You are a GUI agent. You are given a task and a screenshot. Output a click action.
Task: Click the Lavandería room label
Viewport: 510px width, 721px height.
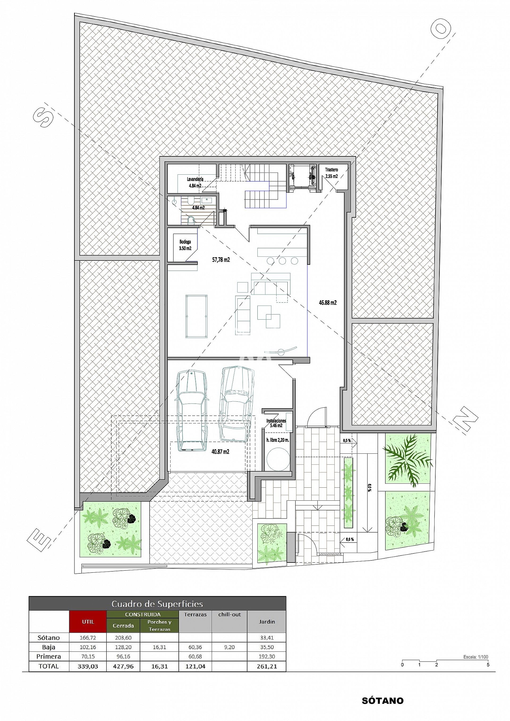195,179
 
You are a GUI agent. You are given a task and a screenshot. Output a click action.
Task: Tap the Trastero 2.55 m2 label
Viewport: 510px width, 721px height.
331,173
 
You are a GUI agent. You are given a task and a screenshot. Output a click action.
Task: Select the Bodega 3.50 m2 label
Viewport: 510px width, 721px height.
185,245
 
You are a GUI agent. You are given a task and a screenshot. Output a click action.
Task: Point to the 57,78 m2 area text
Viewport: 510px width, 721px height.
221,260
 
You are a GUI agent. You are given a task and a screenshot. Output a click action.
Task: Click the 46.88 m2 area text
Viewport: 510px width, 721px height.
328,303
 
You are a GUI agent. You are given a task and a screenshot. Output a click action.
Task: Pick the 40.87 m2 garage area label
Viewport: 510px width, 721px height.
220,452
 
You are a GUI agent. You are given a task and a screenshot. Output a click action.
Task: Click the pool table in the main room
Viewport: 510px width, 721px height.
196,316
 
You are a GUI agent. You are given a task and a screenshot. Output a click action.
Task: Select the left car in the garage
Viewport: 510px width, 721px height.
192,411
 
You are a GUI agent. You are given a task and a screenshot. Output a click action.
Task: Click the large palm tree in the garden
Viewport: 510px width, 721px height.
407,459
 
